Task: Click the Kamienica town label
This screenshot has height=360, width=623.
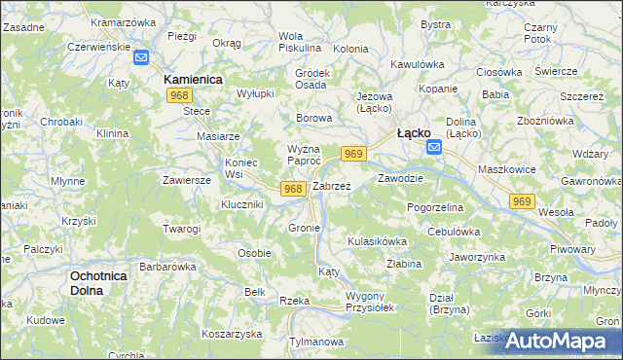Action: [x=194, y=77]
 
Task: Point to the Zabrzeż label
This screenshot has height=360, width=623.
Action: [x=331, y=186]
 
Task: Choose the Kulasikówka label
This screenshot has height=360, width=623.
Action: [x=377, y=240]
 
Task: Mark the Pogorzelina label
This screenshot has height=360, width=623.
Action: [x=440, y=208]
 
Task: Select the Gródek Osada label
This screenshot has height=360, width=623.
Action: [x=311, y=79]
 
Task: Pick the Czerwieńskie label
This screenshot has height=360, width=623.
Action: [x=99, y=46]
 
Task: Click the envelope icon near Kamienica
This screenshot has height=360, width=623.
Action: [x=140, y=58]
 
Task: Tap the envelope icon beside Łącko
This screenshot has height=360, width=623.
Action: [x=434, y=148]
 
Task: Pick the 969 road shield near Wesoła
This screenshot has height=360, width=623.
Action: [x=523, y=201]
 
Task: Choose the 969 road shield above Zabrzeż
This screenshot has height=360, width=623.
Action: [x=353, y=154]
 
